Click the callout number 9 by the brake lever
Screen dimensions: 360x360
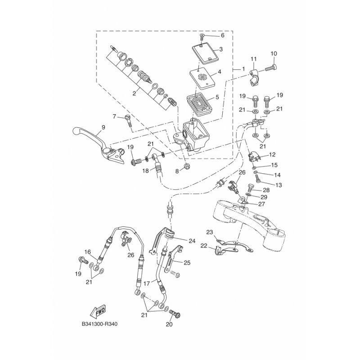click(x=103, y=127)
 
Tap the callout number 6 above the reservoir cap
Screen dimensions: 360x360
click(x=222, y=35)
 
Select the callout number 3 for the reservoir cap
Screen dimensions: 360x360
click(x=221, y=49)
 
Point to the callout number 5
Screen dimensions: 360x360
click(x=219, y=72)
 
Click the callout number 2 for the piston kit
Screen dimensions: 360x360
click(x=217, y=97)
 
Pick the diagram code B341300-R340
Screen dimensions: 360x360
click(x=101, y=324)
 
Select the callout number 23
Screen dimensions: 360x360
click(x=209, y=232)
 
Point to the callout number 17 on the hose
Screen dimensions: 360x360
click(x=146, y=283)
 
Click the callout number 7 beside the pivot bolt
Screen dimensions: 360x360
click(x=115, y=117)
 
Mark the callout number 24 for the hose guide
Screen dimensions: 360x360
click(x=192, y=241)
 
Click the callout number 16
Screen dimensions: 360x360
click(x=88, y=252)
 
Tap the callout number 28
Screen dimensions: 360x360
click(x=266, y=190)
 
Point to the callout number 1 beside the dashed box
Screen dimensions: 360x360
click(x=243, y=69)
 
